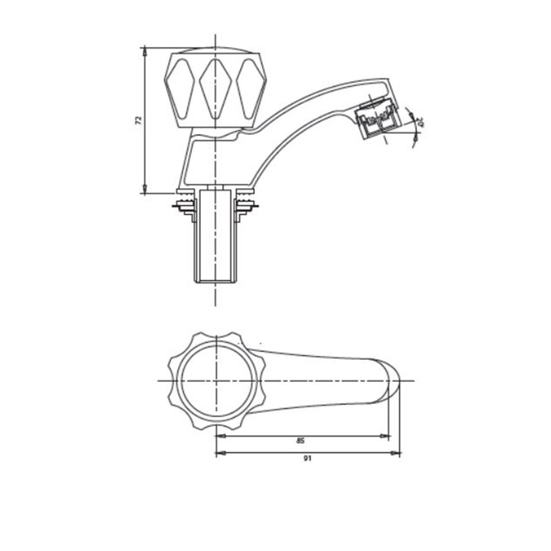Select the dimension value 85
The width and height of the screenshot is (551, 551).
pyautogui.click(x=300, y=441)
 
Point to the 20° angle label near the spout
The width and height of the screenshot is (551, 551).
pyautogui.click(x=419, y=123)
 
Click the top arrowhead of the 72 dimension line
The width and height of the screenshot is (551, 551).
pyautogui.click(x=145, y=50)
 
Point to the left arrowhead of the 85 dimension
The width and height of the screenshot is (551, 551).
pyautogui.click(x=220, y=436)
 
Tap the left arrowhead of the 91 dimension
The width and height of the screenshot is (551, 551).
pyautogui.click(x=220, y=454)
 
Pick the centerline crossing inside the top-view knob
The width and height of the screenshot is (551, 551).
pyautogui.click(x=215, y=381)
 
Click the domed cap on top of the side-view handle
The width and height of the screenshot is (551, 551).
pyautogui.click(x=215, y=49)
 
